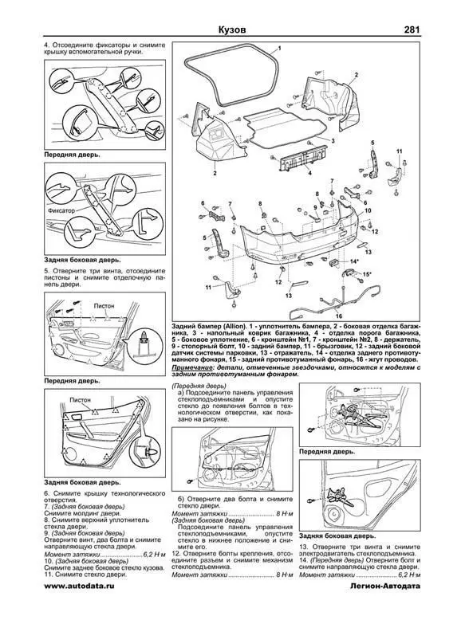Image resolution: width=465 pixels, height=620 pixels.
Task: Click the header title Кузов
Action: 237,30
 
